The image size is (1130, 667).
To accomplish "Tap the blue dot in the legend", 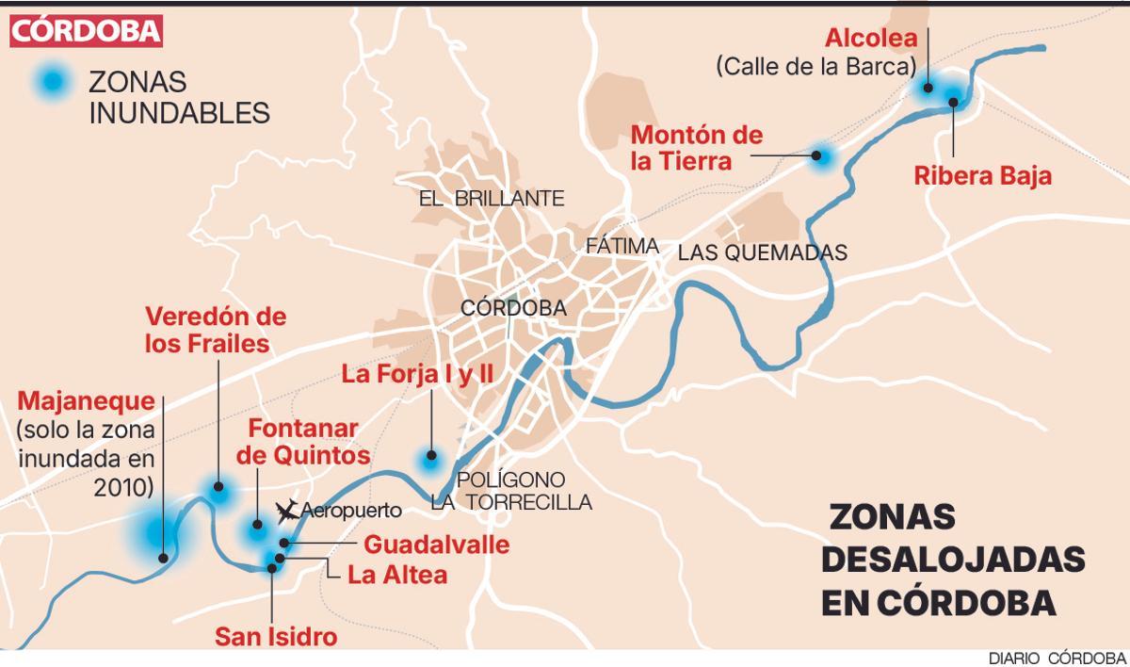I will [46, 83].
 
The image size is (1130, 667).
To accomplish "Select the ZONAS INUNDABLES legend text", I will [179, 97].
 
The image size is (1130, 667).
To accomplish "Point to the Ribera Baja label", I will [982, 175].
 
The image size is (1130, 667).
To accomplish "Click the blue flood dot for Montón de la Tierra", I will [822, 155].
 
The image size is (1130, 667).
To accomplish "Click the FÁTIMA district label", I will [621, 246].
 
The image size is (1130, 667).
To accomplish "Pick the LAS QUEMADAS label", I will [763, 252].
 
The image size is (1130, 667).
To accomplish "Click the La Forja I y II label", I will [417, 375].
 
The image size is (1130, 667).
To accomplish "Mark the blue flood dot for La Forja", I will [430, 460].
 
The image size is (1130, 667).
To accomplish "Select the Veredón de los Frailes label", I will [216, 329].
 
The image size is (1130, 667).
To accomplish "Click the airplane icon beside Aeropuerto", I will [286, 512].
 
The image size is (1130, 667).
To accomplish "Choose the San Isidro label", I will [276, 636].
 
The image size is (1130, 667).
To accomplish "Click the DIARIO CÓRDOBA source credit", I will [1057, 658].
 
